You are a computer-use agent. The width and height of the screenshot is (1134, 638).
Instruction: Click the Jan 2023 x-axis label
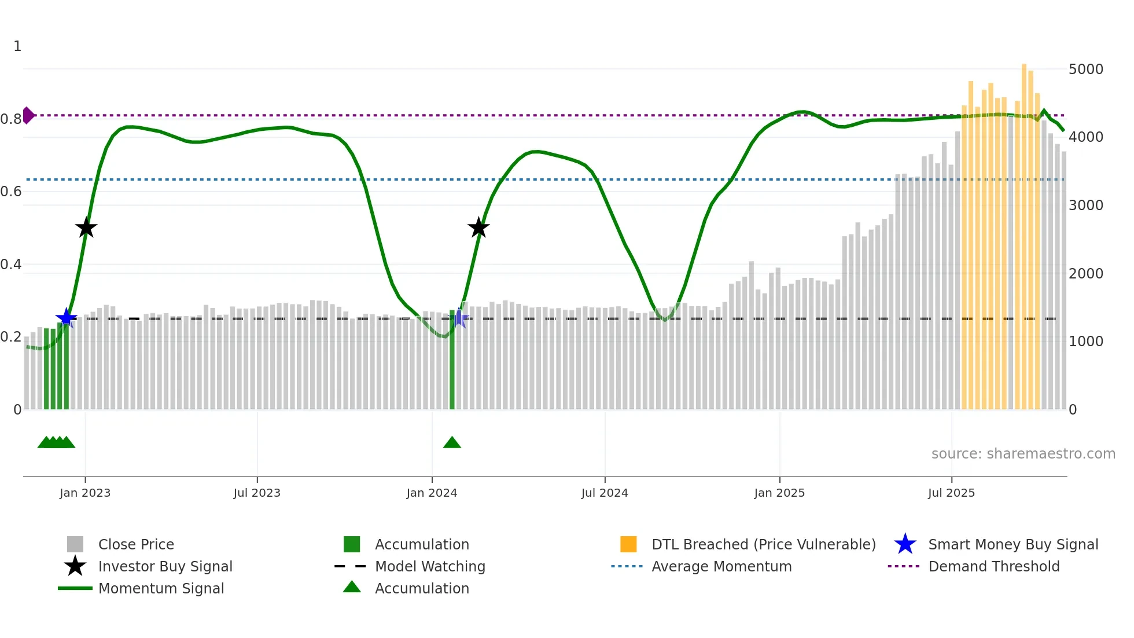point(85,493)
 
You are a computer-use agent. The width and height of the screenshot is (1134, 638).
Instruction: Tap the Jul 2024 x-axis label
point(605,493)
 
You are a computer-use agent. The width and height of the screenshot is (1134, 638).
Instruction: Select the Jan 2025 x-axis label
point(779,493)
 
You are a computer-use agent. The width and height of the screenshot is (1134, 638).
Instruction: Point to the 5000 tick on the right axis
point(1086,69)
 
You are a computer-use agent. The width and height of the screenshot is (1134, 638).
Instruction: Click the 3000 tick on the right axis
point(1086,206)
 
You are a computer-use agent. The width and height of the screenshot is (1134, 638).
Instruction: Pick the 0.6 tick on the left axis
point(11,192)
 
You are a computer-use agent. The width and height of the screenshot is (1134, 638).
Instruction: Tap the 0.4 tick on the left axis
point(11,265)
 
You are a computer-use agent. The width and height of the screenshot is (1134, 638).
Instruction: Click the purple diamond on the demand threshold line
point(28,115)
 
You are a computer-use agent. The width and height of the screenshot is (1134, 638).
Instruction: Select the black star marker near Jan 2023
point(86,228)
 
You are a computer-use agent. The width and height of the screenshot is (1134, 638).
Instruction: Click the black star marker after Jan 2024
point(478,228)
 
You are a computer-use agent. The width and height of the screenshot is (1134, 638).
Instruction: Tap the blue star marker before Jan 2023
point(66,317)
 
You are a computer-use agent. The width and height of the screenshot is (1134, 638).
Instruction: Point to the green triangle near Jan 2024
point(452,443)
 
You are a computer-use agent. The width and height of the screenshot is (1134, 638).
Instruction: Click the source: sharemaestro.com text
point(1023,454)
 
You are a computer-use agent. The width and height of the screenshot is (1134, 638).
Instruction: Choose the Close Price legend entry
point(136,545)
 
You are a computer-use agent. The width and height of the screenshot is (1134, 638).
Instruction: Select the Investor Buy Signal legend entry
point(165,567)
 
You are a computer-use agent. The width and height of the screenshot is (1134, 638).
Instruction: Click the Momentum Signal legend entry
point(161,589)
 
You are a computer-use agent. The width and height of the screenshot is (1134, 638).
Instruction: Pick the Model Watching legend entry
point(430,567)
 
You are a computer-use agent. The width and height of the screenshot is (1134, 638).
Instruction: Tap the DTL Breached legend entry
point(763,545)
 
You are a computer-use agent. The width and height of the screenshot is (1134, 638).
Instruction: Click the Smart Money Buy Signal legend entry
point(1013,545)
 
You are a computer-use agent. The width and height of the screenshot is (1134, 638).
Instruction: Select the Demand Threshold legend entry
point(993,567)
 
